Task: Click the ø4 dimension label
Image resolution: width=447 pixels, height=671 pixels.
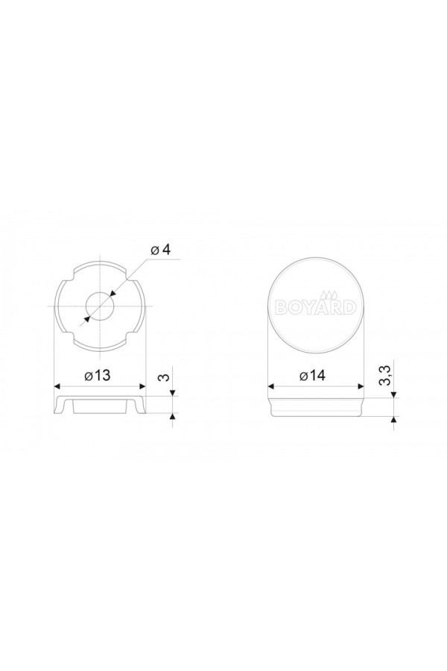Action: coord(160,250)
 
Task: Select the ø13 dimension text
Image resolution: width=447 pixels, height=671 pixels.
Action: coord(98,375)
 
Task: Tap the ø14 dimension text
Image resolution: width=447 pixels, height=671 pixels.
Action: coord(312,375)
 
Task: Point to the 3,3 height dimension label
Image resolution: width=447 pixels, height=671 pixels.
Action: coord(386,376)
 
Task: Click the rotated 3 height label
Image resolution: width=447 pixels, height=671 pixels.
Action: coord(164,377)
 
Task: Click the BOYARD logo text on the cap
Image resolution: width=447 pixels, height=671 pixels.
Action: coord(316,307)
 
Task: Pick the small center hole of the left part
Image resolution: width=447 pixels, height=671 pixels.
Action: coord(100,306)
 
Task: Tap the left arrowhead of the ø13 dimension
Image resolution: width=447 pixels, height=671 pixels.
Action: coord(58,386)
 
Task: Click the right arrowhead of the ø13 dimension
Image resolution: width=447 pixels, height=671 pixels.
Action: coord(142,386)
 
